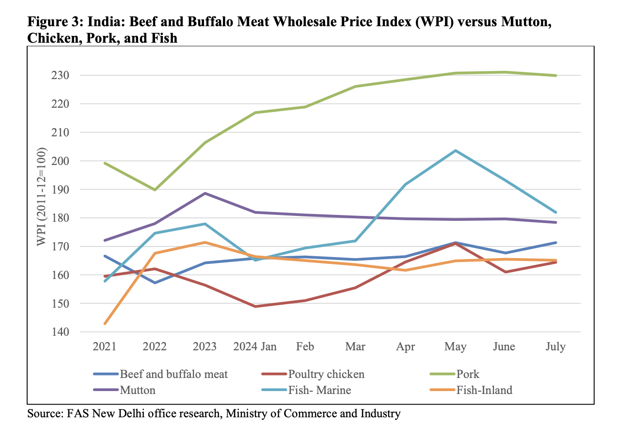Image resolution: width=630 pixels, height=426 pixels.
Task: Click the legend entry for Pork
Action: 467,374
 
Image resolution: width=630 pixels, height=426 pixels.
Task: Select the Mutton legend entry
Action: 138,390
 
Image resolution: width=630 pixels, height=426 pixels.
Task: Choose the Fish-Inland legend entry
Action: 484,390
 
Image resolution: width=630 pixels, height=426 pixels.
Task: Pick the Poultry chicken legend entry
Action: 326,374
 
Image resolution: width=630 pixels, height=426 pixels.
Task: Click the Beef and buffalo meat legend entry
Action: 173,374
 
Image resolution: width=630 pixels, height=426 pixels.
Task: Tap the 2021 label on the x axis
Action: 104,347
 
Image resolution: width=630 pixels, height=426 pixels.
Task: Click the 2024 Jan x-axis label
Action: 254,347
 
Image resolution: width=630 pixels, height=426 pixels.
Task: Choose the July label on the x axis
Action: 555,347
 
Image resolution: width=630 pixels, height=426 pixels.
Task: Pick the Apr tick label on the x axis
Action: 405,347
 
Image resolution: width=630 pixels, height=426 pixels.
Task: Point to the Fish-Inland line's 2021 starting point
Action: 105,323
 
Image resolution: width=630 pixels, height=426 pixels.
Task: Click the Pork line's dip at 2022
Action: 155,190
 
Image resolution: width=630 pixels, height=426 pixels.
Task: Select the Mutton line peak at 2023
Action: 205,193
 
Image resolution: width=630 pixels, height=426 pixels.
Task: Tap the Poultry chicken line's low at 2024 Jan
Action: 255,306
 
